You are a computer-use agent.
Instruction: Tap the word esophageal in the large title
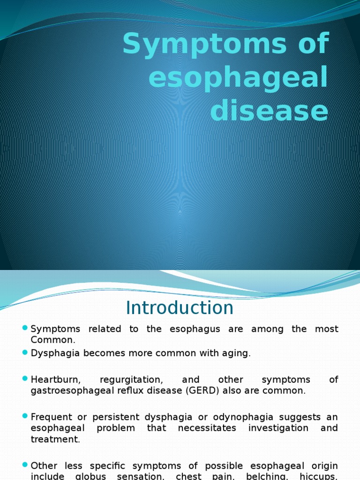tap(238, 79)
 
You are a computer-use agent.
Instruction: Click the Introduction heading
tap(180, 308)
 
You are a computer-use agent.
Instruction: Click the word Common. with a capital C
tap(52, 340)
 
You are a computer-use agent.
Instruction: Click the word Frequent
tap(50, 417)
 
